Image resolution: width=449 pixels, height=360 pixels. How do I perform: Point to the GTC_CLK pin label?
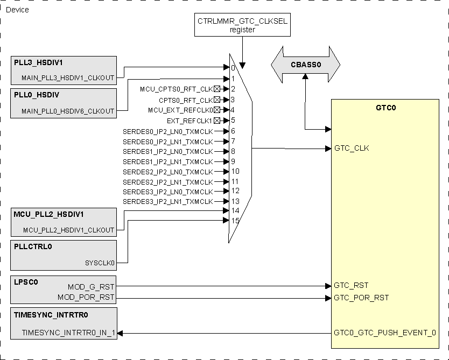click(x=352, y=148)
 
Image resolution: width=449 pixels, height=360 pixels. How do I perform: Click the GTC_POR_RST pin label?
click(x=361, y=298)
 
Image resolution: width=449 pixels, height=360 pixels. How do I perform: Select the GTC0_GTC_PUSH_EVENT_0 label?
click(x=384, y=333)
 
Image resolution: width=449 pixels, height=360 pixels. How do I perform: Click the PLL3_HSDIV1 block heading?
click(x=34, y=62)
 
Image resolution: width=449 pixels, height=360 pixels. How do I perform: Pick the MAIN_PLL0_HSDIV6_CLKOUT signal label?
click(x=68, y=111)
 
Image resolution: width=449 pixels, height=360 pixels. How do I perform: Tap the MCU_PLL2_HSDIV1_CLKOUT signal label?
click(x=68, y=230)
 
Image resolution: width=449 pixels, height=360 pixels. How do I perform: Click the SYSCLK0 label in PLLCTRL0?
click(x=100, y=263)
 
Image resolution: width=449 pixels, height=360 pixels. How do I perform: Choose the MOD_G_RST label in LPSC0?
click(x=91, y=287)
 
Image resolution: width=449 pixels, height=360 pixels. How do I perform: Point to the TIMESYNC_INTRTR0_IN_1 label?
click(x=68, y=333)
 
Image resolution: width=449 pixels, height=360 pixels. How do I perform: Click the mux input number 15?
click(x=235, y=221)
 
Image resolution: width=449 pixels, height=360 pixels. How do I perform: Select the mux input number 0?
click(x=233, y=68)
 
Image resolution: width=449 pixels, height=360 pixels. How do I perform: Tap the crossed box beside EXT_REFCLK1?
click(x=216, y=121)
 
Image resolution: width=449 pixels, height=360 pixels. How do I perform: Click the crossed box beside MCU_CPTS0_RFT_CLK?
click(x=216, y=89)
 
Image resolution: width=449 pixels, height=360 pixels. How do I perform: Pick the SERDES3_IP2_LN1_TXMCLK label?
click(x=167, y=201)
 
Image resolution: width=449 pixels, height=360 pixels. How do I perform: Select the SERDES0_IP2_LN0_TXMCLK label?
click(x=167, y=131)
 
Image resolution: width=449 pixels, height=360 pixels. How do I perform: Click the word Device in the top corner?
click(x=17, y=10)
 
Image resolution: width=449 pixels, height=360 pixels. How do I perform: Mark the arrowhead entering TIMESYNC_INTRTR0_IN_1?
click(x=120, y=334)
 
